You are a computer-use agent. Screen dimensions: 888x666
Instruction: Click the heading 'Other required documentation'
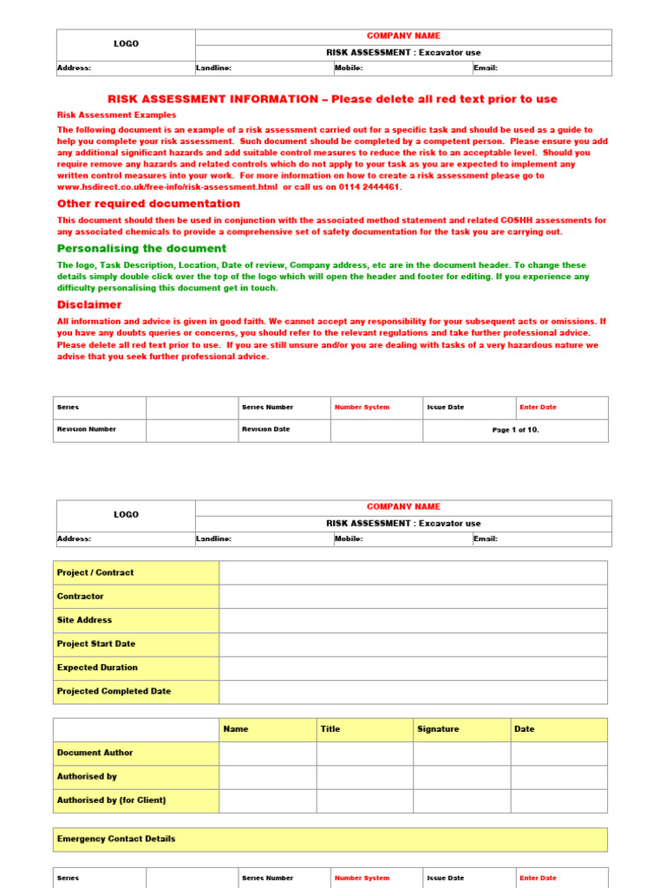pos(148,204)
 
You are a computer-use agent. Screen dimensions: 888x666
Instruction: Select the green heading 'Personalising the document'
pos(141,249)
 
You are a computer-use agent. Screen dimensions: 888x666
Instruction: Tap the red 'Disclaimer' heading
pos(89,305)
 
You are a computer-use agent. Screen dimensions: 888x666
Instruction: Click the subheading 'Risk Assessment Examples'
pos(116,114)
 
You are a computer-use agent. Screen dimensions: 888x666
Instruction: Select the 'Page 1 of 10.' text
pos(515,430)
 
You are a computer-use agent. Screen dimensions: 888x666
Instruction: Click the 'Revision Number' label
pos(87,429)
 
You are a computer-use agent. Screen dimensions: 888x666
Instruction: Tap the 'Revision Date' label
pos(265,429)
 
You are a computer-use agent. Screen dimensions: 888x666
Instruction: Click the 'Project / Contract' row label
pos(95,572)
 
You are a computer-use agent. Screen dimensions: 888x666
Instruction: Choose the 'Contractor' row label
pos(81,597)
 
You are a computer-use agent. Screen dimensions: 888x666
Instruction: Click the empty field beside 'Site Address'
pos(413,620)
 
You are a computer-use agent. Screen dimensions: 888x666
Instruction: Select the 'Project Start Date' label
pos(96,644)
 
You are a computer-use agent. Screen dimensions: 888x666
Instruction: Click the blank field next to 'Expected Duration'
pos(413,668)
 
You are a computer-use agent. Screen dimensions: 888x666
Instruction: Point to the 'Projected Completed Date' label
pos(114,691)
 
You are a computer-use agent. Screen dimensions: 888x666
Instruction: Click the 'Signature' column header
pos(438,729)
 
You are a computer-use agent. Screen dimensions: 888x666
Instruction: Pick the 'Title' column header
pos(330,729)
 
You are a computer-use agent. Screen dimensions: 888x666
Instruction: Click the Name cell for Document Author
pos(267,753)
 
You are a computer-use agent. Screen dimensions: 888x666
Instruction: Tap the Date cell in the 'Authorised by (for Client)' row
pos(558,800)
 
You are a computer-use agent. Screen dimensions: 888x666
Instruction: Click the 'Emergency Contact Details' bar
pos(330,839)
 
